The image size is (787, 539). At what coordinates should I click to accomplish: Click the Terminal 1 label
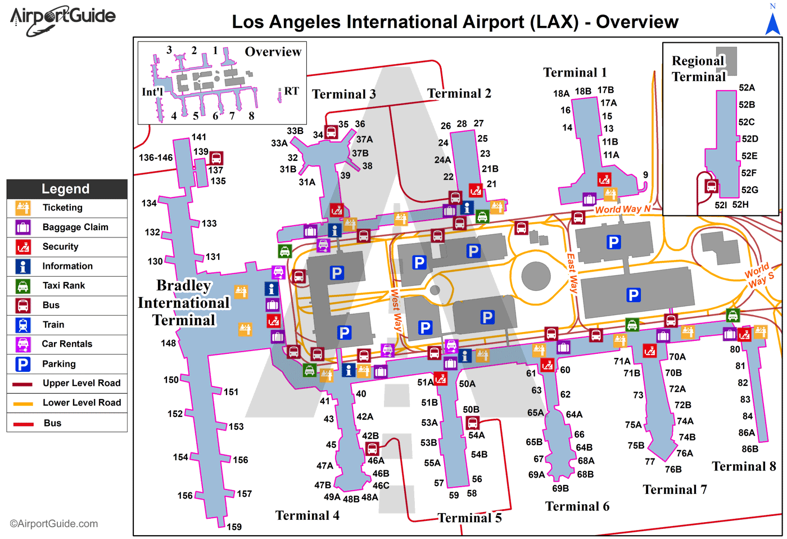point(575,73)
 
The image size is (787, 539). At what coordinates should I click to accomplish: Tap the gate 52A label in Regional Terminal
point(747,88)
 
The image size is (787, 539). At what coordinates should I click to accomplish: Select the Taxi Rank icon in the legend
point(23,286)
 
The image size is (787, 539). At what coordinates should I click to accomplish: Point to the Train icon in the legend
point(23,325)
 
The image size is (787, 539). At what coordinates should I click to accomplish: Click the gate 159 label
point(234,527)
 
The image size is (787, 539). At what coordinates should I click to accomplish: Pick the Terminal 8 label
point(744,466)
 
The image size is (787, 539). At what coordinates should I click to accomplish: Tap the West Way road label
point(396,310)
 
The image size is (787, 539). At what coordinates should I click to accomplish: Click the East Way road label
point(572,273)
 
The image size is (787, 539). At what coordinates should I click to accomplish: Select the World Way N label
point(622,209)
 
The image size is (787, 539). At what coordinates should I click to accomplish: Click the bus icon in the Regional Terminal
point(712,186)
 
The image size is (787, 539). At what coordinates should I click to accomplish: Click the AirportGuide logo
point(62,19)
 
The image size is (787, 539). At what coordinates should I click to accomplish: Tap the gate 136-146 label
point(156,158)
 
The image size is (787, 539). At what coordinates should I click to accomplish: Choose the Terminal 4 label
point(307,515)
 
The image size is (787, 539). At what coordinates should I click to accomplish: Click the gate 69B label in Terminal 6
point(560,488)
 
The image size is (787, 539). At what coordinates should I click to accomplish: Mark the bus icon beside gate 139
point(216,158)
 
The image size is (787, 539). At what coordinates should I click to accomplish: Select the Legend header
point(66,189)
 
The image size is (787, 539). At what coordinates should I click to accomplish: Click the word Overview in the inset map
point(273,52)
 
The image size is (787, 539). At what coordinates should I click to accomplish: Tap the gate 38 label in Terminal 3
point(367,166)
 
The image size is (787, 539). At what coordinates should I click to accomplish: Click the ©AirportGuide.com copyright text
point(53,524)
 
